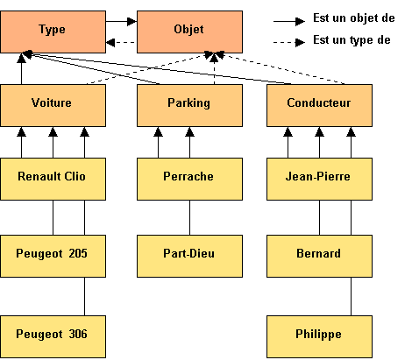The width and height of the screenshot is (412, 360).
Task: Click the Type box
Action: tap(53, 32)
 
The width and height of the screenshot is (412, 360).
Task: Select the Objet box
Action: tap(189, 32)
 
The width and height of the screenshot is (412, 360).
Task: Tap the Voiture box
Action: tap(53, 106)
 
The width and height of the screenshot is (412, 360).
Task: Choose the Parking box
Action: tap(189, 106)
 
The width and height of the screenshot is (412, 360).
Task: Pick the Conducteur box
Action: tap(319, 106)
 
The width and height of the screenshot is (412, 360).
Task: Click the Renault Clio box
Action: tap(53, 180)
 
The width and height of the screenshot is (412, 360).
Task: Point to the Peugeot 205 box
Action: tap(53, 256)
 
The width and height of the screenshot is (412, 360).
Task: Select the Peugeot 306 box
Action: tap(53, 336)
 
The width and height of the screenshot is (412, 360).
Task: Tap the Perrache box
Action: tap(189, 180)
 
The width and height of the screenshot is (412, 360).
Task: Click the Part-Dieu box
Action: tap(189, 256)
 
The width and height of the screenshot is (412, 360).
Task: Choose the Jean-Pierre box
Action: tap(319, 180)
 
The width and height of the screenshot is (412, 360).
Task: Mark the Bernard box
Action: tap(319, 256)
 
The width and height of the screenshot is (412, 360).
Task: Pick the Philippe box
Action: tap(319, 336)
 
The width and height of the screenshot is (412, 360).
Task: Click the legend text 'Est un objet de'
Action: tap(354, 18)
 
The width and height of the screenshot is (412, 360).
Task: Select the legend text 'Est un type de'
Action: tap(352, 40)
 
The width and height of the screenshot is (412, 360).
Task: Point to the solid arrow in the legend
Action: tap(289, 21)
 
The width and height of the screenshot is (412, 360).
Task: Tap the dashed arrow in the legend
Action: tap(289, 43)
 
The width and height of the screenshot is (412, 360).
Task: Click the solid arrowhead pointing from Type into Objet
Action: tap(132, 21)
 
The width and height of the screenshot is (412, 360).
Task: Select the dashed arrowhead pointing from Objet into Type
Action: tap(110, 43)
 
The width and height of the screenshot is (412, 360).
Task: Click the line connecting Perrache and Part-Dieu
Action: tap(189, 218)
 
